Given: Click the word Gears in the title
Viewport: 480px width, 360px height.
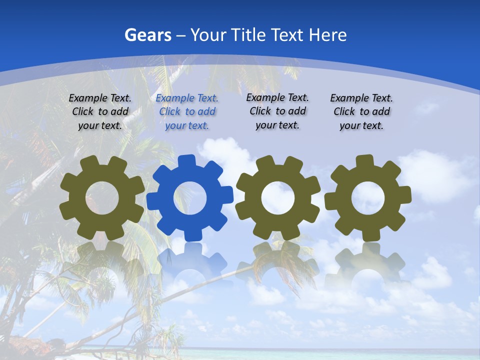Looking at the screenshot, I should (x=147, y=35).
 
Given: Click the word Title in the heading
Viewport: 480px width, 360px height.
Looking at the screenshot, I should (x=247, y=35).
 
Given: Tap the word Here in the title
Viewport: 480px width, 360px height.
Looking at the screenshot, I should (x=327, y=35).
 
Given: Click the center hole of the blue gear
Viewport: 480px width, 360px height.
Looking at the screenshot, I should (x=190, y=198).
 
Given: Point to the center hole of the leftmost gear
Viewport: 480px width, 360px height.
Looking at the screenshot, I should (x=102, y=197).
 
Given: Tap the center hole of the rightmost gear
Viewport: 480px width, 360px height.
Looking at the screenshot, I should (x=367, y=197).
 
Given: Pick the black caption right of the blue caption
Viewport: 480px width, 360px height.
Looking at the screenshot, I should (x=277, y=111).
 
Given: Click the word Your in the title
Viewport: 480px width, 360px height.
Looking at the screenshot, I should (x=209, y=35).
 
